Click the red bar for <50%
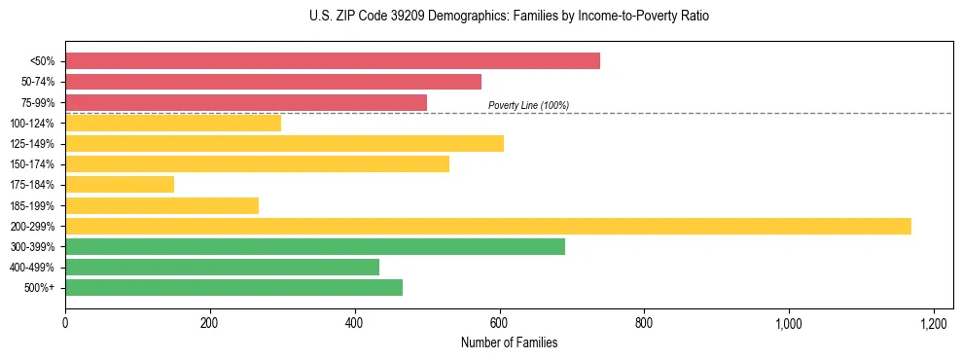coord(333,60)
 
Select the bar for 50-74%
coord(273,82)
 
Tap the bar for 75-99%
coord(246,102)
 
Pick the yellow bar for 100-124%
coord(173,123)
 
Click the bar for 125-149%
coord(284,144)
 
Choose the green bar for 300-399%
coord(315,246)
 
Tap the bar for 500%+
coord(233,288)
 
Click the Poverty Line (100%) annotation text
coord(528,105)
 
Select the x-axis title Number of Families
coord(509,342)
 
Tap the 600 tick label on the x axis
coord(499,323)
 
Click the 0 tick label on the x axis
coord(65,323)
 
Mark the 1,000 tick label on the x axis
coord(788,323)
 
